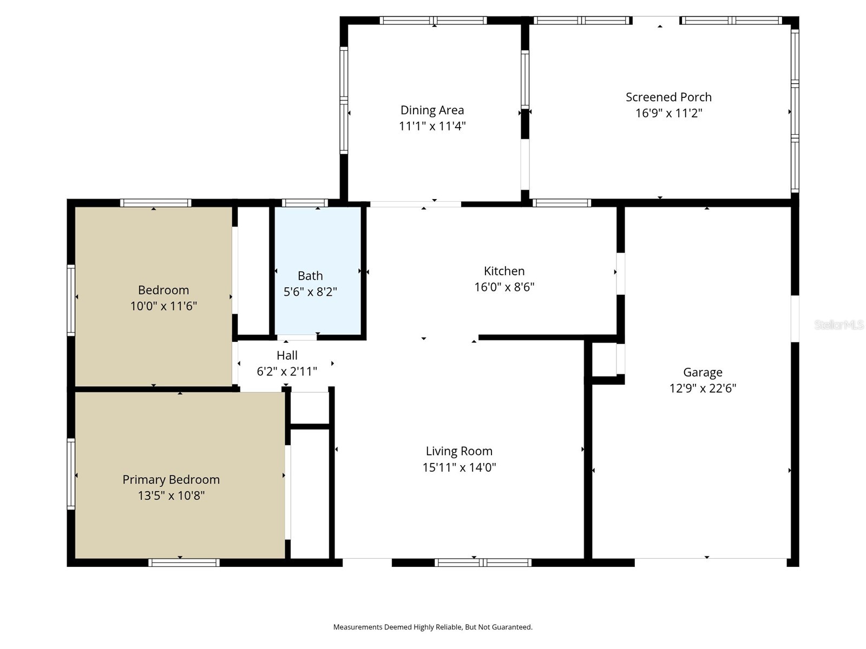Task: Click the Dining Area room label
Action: [432, 110]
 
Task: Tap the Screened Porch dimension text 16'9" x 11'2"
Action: [668, 113]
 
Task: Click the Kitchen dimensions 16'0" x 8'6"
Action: [504, 287]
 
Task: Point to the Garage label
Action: [703, 372]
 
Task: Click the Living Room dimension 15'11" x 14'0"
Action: [459, 467]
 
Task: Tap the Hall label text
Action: [287, 355]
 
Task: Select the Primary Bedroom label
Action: [171, 480]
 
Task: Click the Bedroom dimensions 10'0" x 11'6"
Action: [163, 306]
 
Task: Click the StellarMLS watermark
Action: [838, 325]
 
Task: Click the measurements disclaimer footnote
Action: [432, 627]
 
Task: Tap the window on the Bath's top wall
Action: [305, 203]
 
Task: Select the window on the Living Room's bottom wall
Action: [483, 562]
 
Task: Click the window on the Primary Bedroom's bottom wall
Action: [184, 562]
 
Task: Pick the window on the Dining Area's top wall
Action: [433, 21]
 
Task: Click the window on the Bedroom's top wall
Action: [155, 203]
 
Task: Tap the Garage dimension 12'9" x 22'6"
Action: [703, 388]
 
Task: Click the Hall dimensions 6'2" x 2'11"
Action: [287, 372]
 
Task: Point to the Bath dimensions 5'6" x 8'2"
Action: [310, 292]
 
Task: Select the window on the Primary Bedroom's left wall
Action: [71, 474]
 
